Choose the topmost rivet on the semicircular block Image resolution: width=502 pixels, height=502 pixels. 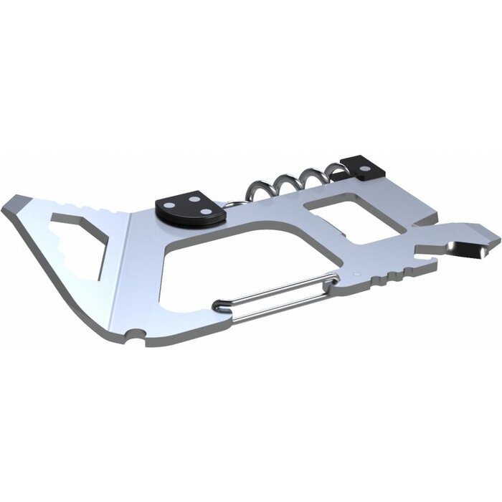[195, 195]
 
